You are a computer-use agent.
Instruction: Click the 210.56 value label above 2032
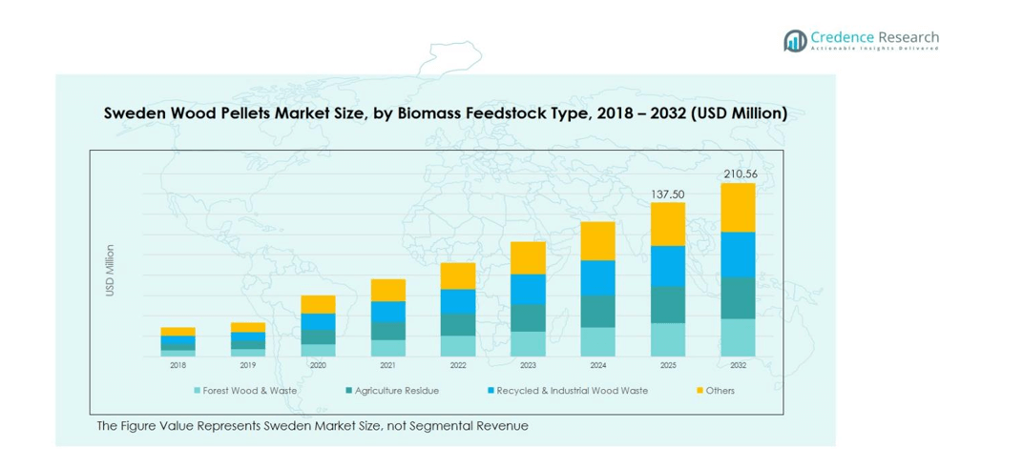[x=738, y=173]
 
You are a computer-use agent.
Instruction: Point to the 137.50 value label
[x=667, y=194]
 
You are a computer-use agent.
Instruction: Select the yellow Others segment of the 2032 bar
[x=738, y=207]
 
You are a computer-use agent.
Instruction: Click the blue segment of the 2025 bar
[x=667, y=266]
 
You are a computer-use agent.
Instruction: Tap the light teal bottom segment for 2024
[x=597, y=341]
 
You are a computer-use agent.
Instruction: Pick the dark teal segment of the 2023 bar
[x=528, y=317]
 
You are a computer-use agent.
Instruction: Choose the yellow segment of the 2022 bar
[x=458, y=275]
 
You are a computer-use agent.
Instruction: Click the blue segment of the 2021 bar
[x=388, y=312]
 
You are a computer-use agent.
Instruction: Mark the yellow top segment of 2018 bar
[x=178, y=332]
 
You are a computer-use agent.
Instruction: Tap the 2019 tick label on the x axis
[x=248, y=365]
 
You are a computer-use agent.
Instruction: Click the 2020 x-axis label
[x=318, y=365]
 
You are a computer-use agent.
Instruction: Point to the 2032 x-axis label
[x=738, y=365]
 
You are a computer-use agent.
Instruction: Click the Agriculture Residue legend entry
[x=394, y=391]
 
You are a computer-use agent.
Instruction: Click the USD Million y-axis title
[x=111, y=271]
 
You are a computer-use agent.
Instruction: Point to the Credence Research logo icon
[x=795, y=40]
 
